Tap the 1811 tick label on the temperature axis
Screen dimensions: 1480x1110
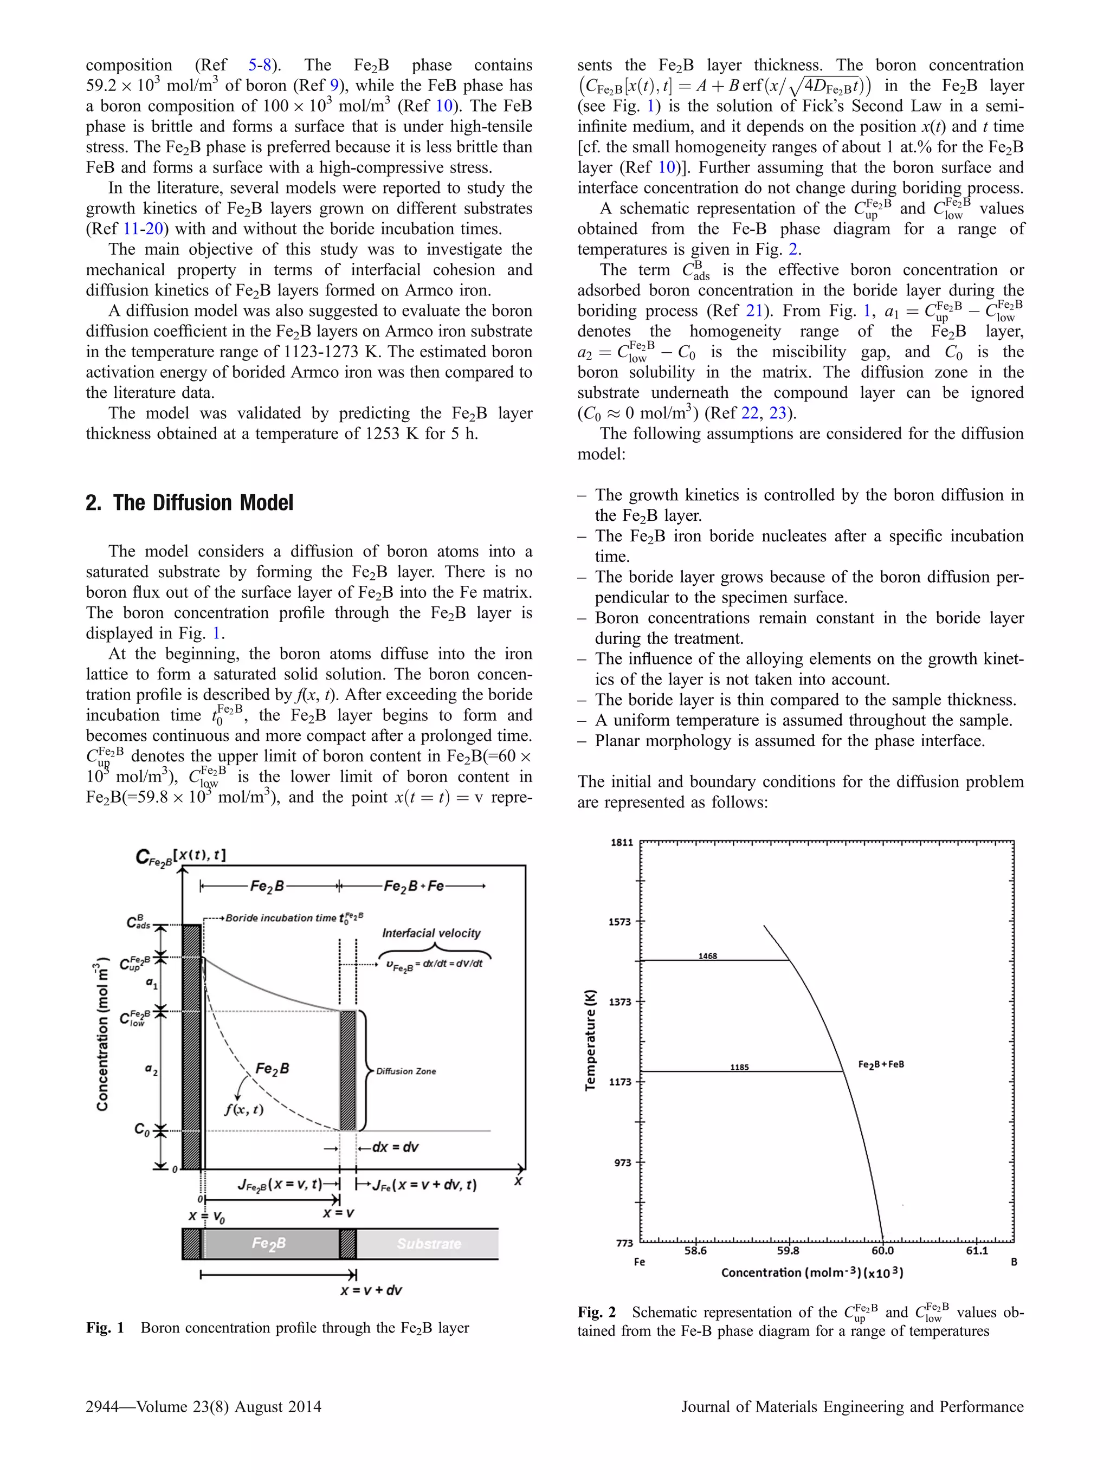[621, 842]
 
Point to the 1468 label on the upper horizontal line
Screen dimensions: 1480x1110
[707, 956]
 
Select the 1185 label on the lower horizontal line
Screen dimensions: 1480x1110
[739, 1067]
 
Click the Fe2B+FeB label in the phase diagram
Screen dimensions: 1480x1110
[881, 1064]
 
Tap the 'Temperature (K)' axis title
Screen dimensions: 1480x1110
[590, 1040]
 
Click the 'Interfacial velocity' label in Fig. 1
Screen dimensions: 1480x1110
[431, 933]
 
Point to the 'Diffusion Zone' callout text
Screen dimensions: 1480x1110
[405, 1071]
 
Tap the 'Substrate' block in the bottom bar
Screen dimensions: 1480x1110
[429, 1244]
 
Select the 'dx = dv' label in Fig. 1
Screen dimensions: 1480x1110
[395, 1147]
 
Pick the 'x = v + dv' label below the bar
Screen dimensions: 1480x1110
[371, 1290]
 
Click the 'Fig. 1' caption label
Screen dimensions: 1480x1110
[105, 1328]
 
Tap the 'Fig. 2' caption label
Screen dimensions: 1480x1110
[596, 1312]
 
